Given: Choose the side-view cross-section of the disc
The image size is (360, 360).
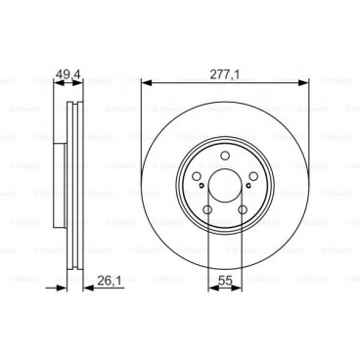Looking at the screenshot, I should pyautogui.click(x=69, y=186).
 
